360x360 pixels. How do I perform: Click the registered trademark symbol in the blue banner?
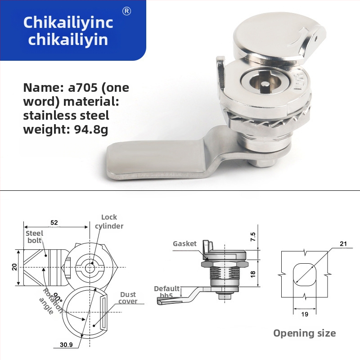(126, 11)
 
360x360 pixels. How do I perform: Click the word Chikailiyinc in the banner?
(68, 23)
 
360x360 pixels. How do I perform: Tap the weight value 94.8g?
(91, 130)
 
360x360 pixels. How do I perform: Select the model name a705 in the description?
(83, 88)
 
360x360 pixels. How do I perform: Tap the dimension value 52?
(54, 222)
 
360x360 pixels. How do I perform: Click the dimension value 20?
(14, 267)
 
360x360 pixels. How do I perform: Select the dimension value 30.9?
(66, 345)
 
